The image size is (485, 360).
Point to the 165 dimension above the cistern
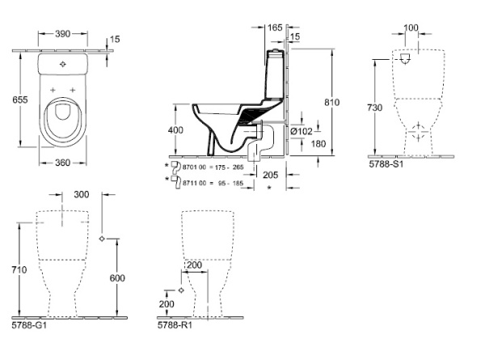click(x=276, y=27)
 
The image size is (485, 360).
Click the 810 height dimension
click(x=344, y=103)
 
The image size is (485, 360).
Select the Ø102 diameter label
click(x=302, y=131)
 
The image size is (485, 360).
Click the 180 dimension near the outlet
click(x=318, y=144)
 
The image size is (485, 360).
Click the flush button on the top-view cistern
click(x=61, y=62)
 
